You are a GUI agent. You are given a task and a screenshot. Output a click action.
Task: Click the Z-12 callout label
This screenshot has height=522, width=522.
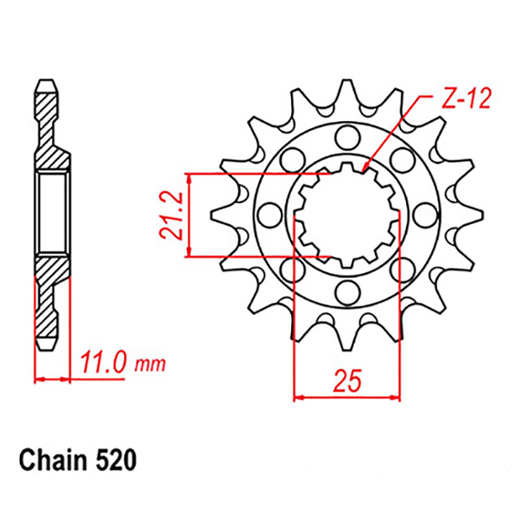coord(467,100)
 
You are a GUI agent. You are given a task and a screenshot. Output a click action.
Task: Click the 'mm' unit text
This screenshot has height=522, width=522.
coord(150,364)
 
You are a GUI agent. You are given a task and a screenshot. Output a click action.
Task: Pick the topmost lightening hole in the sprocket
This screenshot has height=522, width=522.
coord(345,136)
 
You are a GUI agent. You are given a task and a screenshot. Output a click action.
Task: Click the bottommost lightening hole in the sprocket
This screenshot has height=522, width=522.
coord(345,292)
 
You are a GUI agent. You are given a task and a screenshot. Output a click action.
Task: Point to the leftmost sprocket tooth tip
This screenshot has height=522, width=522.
coord(212,214)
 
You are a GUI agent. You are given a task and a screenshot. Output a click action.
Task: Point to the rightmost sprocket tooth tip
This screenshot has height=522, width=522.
coord(481,214)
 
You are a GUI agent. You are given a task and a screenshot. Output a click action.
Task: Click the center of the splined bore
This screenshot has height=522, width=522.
coord(346,215)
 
